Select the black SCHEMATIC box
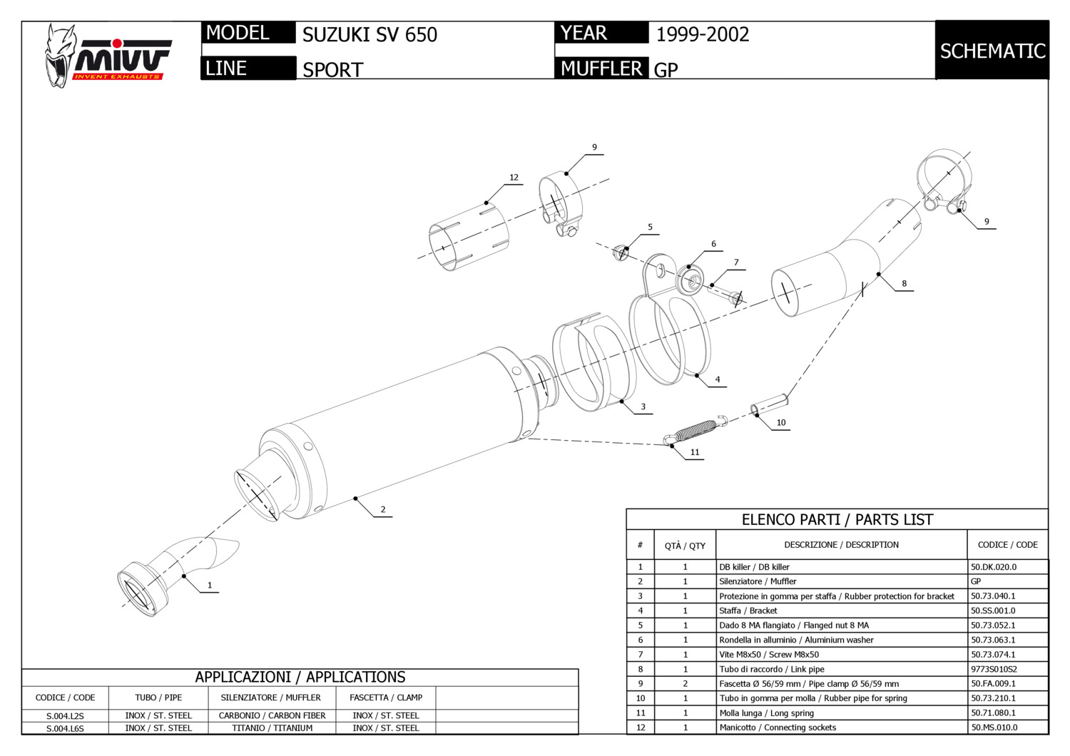pos(992,51)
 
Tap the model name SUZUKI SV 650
pos(370,34)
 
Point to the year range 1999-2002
pos(702,34)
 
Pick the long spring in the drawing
pos(695,430)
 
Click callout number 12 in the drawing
pos(514,178)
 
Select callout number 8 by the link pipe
pos(904,283)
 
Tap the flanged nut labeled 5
pos(621,252)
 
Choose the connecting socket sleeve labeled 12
pos(467,237)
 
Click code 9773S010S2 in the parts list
pos(994,669)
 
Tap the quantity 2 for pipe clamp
pos(685,683)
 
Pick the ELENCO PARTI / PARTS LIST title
pos(837,519)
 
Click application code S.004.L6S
pos(65,728)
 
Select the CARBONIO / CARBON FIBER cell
pos(272,715)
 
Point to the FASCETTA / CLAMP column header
pos(385,698)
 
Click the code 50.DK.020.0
pos(993,567)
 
